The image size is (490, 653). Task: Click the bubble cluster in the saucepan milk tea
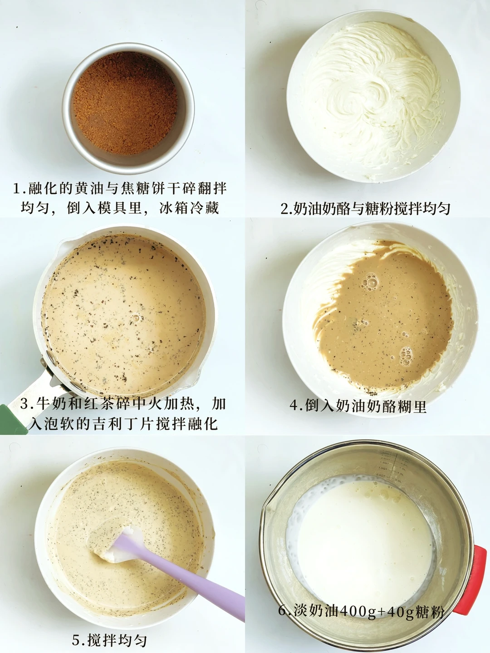[x=137, y=318]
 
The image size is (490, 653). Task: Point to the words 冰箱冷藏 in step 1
[x=189, y=208]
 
